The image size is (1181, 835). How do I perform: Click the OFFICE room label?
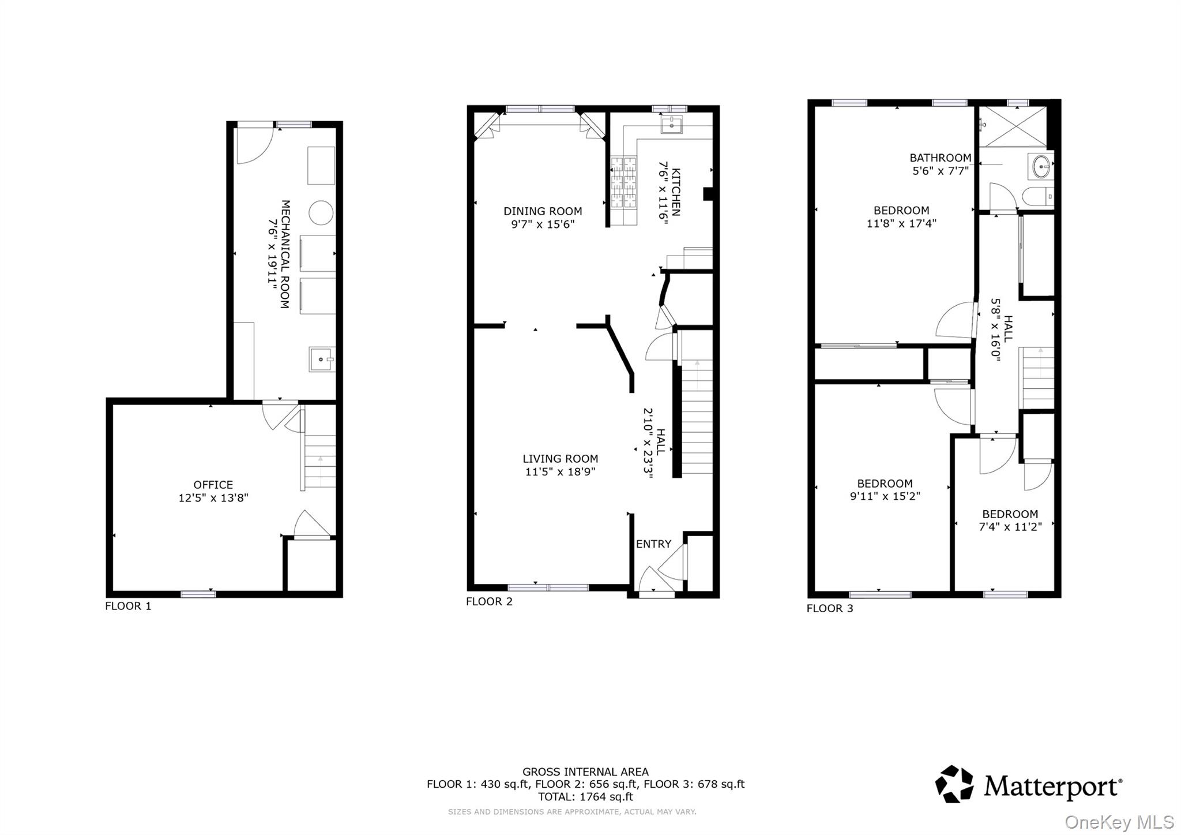(x=213, y=485)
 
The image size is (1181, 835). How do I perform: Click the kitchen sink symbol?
(x=671, y=125)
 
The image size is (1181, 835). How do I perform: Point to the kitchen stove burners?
(x=623, y=190)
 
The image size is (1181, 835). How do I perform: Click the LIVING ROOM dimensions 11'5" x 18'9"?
(x=560, y=471)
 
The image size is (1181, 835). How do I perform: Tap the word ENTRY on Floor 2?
(x=653, y=544)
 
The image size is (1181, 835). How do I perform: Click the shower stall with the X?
(x=1013, y=126)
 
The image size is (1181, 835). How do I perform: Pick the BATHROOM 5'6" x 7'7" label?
(x=940, y=164)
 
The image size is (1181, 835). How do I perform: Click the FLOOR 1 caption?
(x=128, y=606)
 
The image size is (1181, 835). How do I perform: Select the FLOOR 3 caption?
(x=829, y=608)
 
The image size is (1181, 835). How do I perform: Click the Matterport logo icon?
(x=954, y=784)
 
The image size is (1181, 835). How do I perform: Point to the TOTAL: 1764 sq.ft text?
(x=585, y=797)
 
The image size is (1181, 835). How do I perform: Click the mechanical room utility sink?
(x=321, y=359)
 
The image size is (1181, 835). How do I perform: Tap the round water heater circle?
(x=321, y=213)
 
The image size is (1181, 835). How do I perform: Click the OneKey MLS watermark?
(x=1119, y=822)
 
